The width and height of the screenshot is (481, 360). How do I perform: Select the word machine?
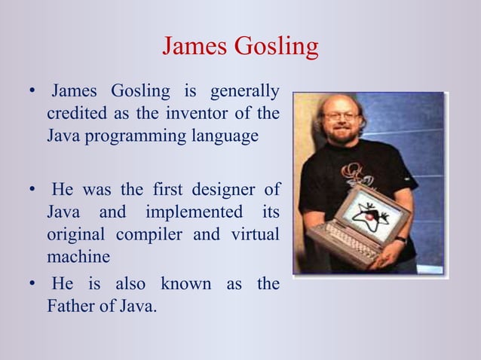click(78, 256)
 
